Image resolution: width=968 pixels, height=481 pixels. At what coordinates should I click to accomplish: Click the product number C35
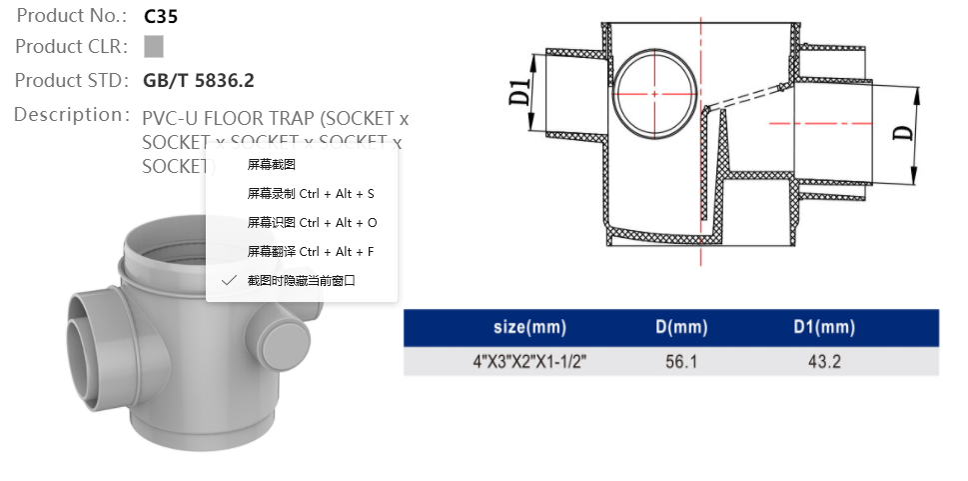(161, 16)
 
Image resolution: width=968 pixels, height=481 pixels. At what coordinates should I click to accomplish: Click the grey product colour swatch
(154, 47)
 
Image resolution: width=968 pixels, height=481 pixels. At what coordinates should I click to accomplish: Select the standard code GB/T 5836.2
(205, 80)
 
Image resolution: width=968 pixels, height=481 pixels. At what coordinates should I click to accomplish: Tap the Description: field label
(72, 114)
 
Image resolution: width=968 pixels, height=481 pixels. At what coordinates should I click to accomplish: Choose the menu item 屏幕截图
(271, 164)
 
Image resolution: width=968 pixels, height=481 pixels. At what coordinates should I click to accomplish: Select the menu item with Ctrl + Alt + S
(311, 193)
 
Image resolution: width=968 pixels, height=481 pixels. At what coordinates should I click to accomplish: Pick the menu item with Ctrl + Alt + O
(312, 222)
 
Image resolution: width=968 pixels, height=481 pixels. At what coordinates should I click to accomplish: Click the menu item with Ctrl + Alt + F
(311, 251)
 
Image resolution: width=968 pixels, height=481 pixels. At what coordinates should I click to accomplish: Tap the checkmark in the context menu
(229, 280)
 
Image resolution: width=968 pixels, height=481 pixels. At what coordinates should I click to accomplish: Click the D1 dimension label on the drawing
(518, 91)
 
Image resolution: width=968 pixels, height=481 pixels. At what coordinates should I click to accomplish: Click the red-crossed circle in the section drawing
(653, 93)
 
